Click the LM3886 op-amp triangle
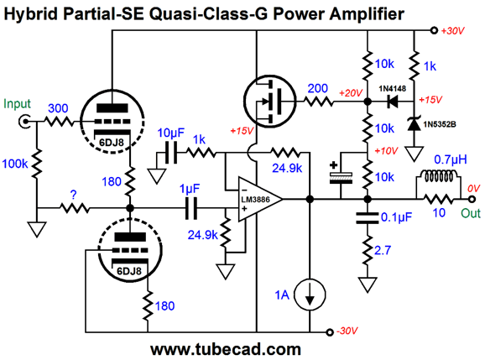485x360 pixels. click(259, 199)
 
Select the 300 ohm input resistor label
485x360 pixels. click(58, 108)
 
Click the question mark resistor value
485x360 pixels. click(73, 195)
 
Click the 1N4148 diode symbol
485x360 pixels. click(393, 101)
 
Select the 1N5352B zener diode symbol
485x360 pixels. click(414, 123)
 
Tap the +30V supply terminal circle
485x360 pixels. click(434, 30)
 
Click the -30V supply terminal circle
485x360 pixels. click(330, 332)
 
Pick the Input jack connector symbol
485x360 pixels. click(24, 122)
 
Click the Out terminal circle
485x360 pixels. click(472, 199)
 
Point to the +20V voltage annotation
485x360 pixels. click(351, 93)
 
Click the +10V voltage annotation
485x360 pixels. click(386, 150)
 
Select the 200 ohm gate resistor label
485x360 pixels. click(318, 88)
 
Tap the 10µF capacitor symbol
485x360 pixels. click(171, 153)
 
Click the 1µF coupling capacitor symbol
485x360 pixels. click(191, 208)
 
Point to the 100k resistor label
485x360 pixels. click(15, 164)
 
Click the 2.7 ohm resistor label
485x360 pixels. click(383, 250)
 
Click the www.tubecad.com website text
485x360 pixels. click(226, 349)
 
